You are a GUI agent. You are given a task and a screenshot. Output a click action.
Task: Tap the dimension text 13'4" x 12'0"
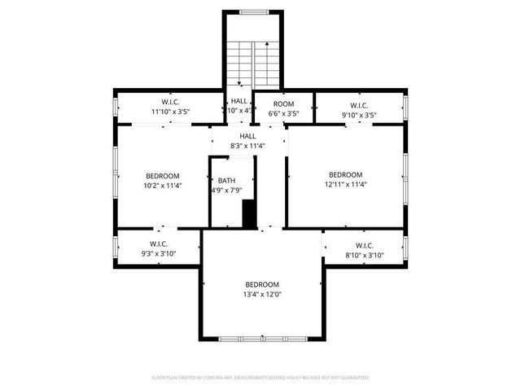click(262, 294)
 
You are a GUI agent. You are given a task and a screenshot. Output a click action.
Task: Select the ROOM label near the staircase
click(283, 104)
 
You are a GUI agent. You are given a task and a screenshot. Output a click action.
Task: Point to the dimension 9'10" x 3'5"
click(359, 115)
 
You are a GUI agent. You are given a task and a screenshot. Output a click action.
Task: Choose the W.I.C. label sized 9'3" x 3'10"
click(159, 244)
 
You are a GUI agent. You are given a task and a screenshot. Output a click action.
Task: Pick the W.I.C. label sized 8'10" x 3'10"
click(364, 245)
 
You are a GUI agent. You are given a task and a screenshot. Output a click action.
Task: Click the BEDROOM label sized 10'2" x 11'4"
click(163, 175)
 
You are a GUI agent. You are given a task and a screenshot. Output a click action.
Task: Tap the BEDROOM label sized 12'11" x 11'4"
click(345, 174)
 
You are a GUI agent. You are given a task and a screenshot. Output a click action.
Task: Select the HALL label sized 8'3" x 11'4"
click(247, 136)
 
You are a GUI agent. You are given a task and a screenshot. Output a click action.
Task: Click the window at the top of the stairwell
click(252, 12)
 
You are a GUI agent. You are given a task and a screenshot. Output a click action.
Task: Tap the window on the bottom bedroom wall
click(262, 338)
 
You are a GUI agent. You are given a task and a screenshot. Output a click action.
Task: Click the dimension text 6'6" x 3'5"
click(283, 114)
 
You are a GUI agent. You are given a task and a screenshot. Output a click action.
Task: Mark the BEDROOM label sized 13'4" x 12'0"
click(262, 284)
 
